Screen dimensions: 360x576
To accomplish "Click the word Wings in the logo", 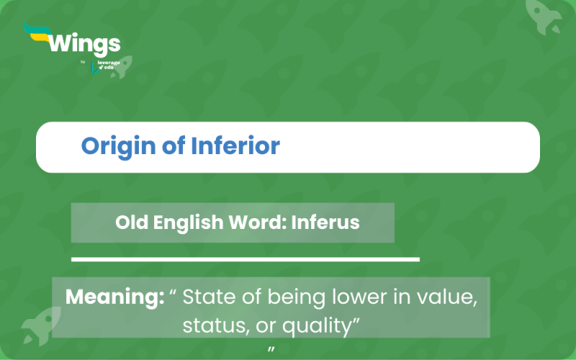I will (84, 45).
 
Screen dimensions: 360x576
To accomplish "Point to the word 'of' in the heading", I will (171, 146).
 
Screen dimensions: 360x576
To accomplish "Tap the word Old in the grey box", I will (130, 222).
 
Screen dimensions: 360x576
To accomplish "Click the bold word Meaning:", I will (114, 297).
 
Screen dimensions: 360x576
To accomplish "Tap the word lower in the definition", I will (351, 297).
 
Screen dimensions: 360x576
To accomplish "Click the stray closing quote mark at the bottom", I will (271, 350).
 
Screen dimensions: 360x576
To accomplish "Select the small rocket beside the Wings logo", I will (119, 67).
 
